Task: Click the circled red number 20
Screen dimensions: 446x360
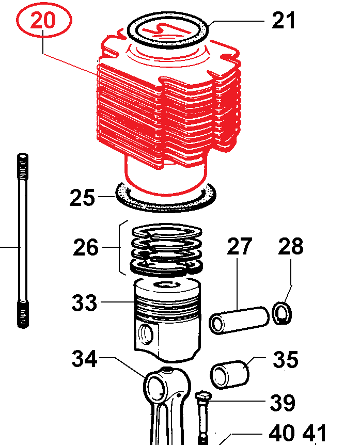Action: click(43, 21)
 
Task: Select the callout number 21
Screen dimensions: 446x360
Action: click(284, 21)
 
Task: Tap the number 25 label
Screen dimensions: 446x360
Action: click(83, 198)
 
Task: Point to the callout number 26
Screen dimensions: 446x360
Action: click(86, 248)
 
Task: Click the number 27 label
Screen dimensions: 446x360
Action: click(239, 247)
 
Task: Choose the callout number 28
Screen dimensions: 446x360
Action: click(291, 247)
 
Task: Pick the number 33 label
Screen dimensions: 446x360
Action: click(84, 303)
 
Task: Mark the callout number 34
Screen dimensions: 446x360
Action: click(84, 359)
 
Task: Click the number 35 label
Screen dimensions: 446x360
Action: click(286, 359)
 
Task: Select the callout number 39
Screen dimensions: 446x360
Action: click(283, 403)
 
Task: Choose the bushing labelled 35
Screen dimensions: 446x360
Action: click(230, 374)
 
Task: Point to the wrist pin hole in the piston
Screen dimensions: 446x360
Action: click(146, 334)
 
